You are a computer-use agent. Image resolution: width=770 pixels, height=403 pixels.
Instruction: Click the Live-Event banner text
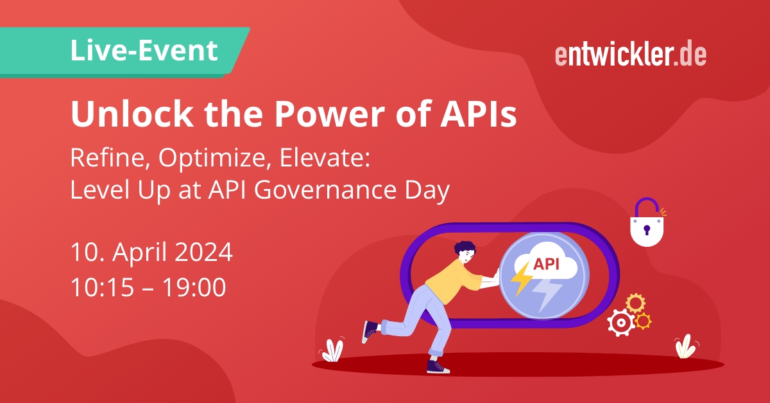[x=144, y=51]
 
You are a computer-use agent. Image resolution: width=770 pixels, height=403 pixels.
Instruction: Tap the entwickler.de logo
[x=631, y=55]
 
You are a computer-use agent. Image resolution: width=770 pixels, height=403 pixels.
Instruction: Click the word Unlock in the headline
[x=132, y=114]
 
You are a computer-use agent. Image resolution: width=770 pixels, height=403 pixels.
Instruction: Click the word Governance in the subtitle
[x=325, y=190]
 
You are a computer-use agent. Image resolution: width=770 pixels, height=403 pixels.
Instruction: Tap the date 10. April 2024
[x=151, y=253]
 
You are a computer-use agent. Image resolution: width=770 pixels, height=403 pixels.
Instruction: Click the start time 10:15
[x=102, y=287]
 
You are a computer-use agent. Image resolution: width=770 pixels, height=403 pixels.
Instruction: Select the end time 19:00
[x=194, y=287]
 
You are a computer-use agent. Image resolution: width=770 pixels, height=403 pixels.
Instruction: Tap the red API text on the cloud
[x=546, y=264]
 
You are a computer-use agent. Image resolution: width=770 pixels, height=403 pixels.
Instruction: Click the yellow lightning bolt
[x=521, y=278]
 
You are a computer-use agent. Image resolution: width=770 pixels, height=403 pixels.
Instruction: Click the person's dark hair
[x=464, y=247]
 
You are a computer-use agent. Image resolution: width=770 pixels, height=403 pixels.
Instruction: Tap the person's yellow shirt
[x=451, y=281]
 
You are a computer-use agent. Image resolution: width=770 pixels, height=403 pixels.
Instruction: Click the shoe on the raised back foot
[x=370, y=331]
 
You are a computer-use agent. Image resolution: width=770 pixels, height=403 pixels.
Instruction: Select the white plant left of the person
[x=332, y=351]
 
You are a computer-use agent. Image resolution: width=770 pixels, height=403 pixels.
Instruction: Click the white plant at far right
[x=686, y=346]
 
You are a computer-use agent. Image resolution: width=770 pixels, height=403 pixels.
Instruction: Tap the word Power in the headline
[x=330, y=114]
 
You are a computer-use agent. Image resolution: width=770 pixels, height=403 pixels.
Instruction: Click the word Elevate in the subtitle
[x=325, y=158]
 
